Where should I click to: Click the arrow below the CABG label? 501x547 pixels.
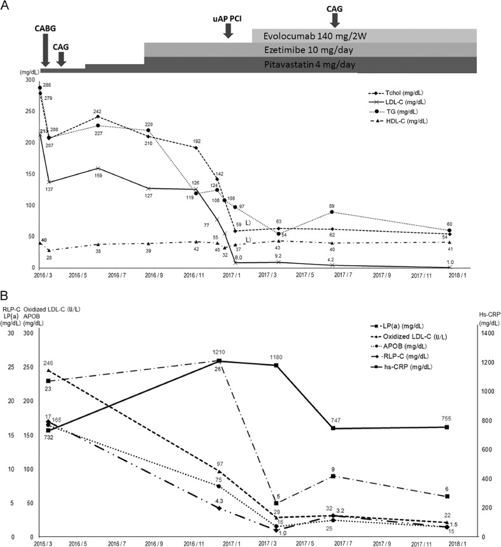pyautogui.click(x=45, y=50)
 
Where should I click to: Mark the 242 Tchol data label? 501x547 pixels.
pyautogui.click(x=97, y=111)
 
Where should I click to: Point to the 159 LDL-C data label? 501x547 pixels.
pyautogui.click(x=97, y=176)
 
